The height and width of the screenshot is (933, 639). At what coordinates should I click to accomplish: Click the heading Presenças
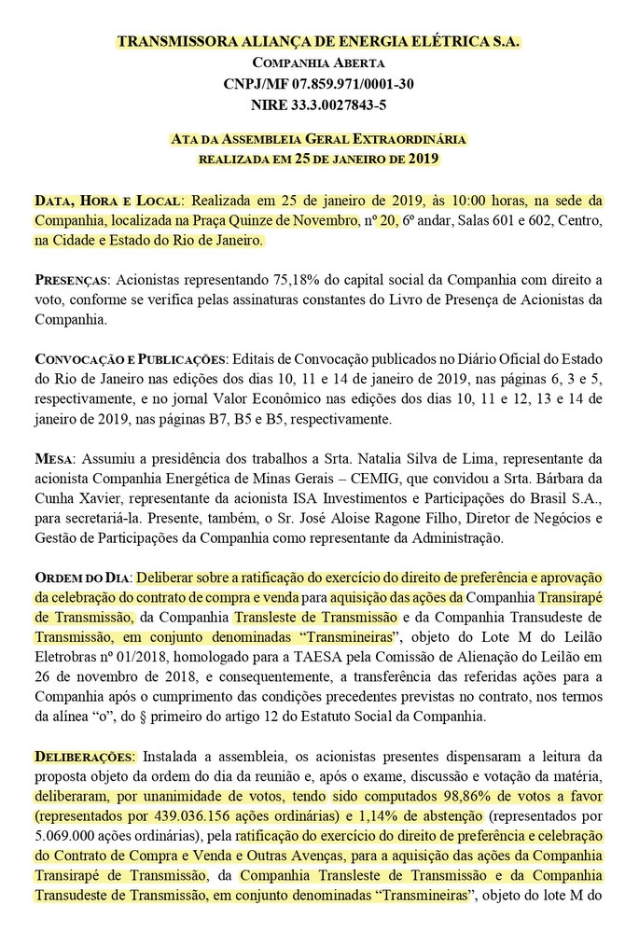tap(70, 280)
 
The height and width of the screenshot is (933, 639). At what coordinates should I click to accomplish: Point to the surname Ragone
tap(407, 518)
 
